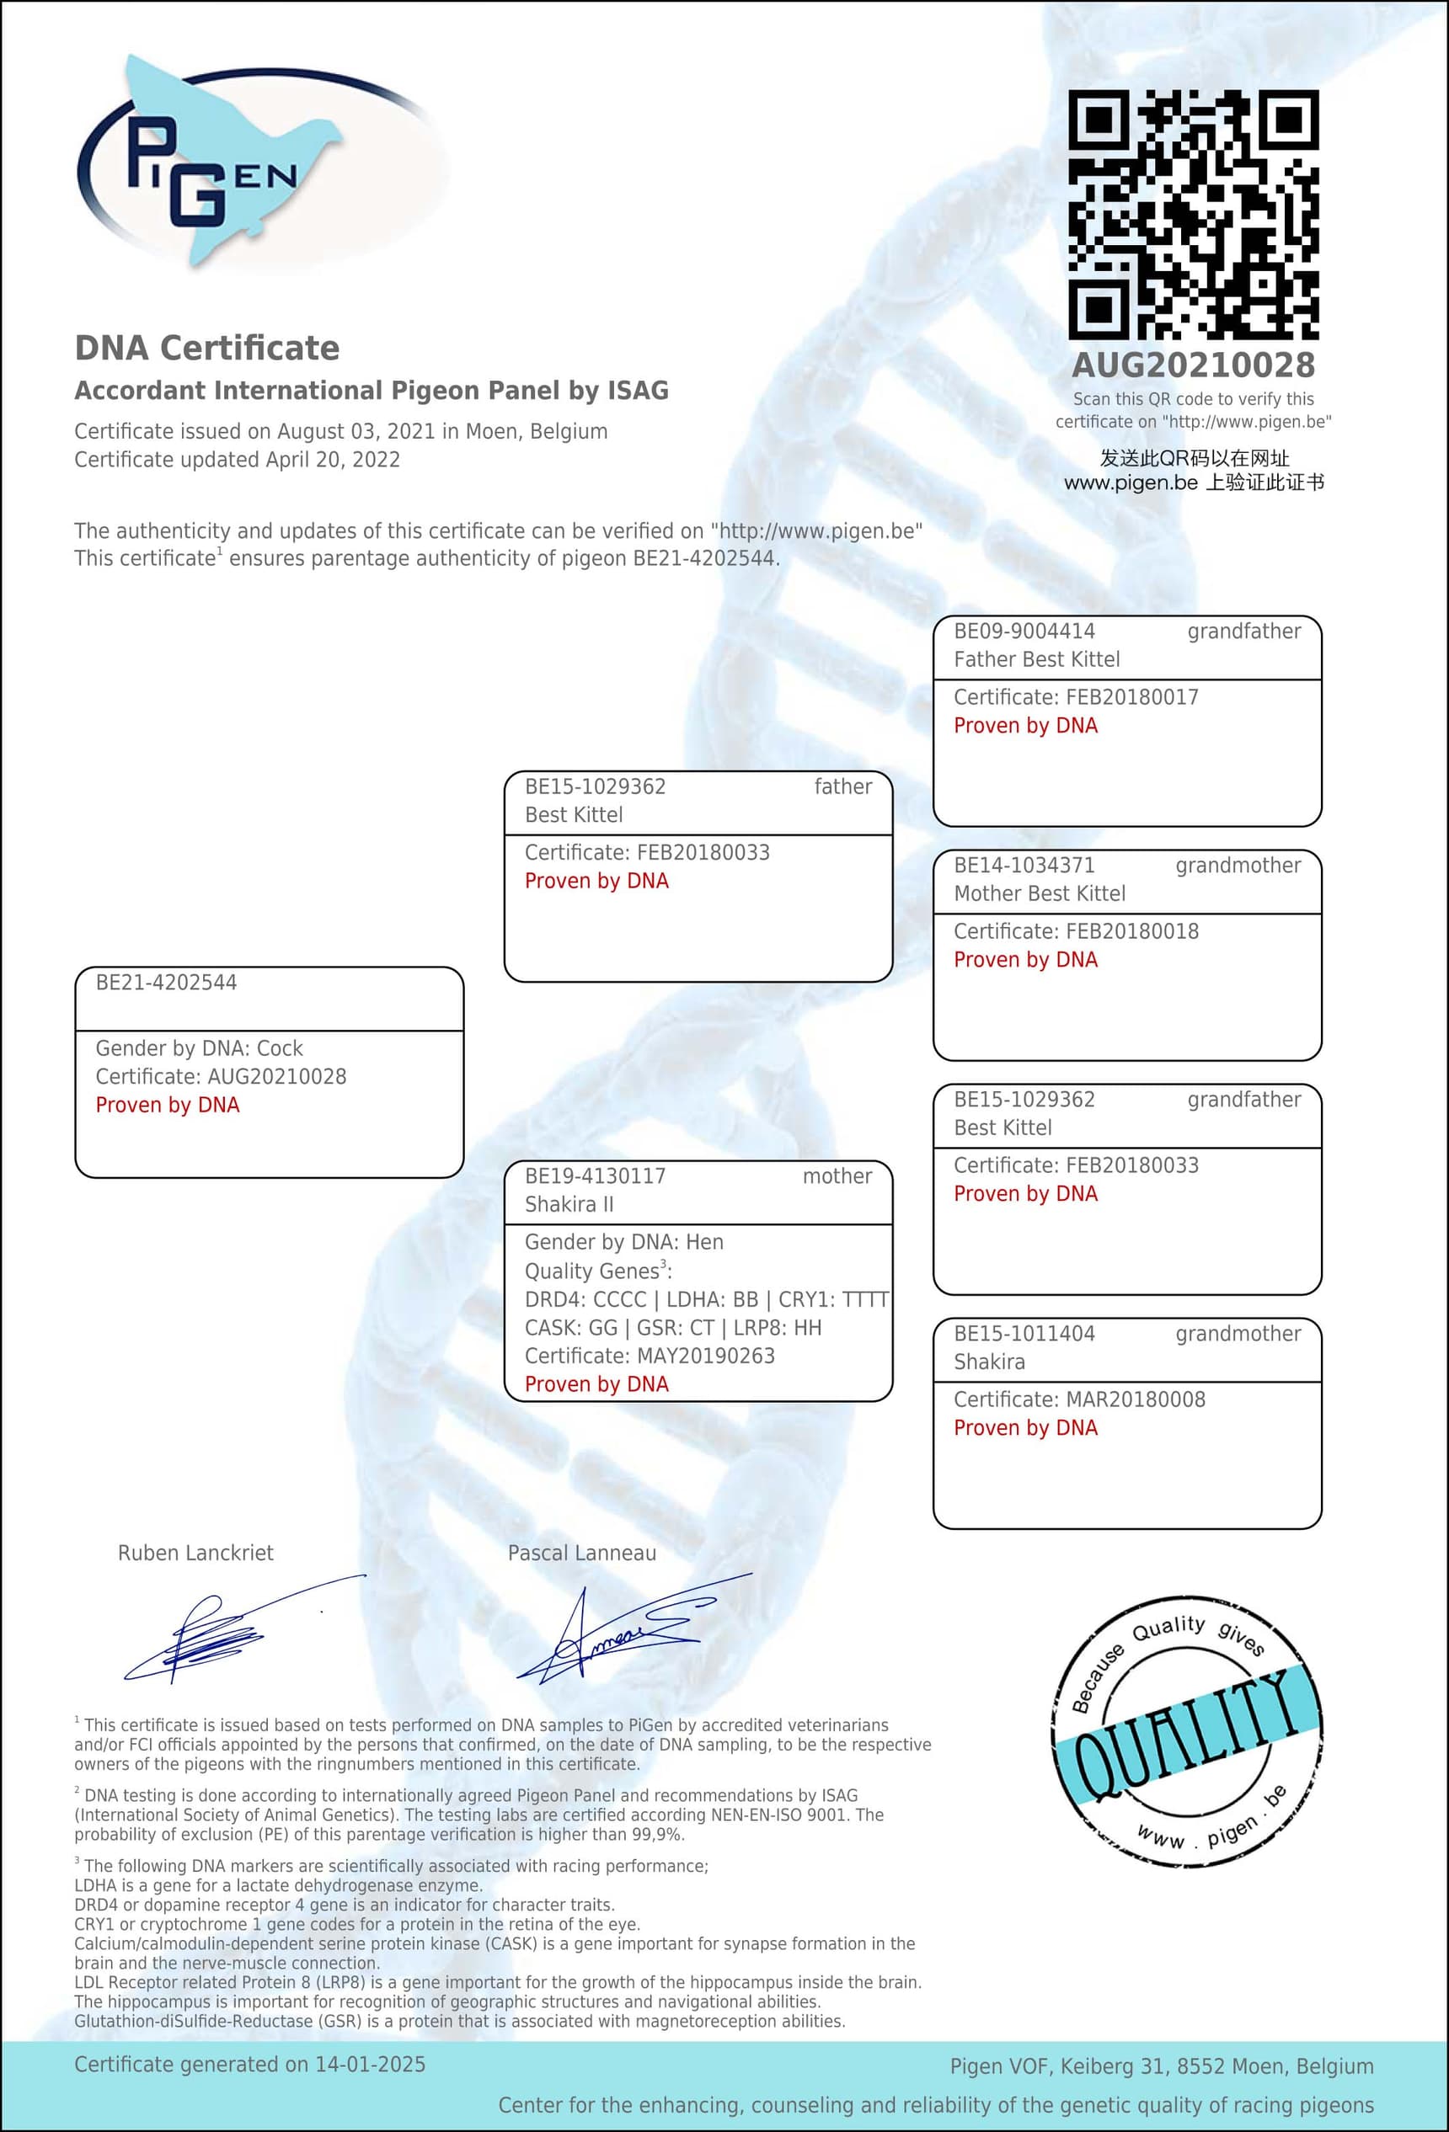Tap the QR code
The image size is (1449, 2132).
(1193, 215)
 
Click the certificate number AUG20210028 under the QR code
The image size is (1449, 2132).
(1193, 366)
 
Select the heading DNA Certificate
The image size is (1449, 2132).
(206, 349)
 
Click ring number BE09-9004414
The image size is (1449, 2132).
(1024, 632)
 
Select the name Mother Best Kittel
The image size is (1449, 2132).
(1039, 893)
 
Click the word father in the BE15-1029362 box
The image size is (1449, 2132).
(842, 786)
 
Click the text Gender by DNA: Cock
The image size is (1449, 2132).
(199, 1047)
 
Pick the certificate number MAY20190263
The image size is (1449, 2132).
(706, 1356)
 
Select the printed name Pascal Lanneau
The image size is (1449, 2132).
(582, 1554)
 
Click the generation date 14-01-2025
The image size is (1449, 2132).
(370, 2064)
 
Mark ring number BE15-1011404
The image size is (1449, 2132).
(1024, 1333)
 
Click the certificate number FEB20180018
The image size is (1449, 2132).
(1131, 931)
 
